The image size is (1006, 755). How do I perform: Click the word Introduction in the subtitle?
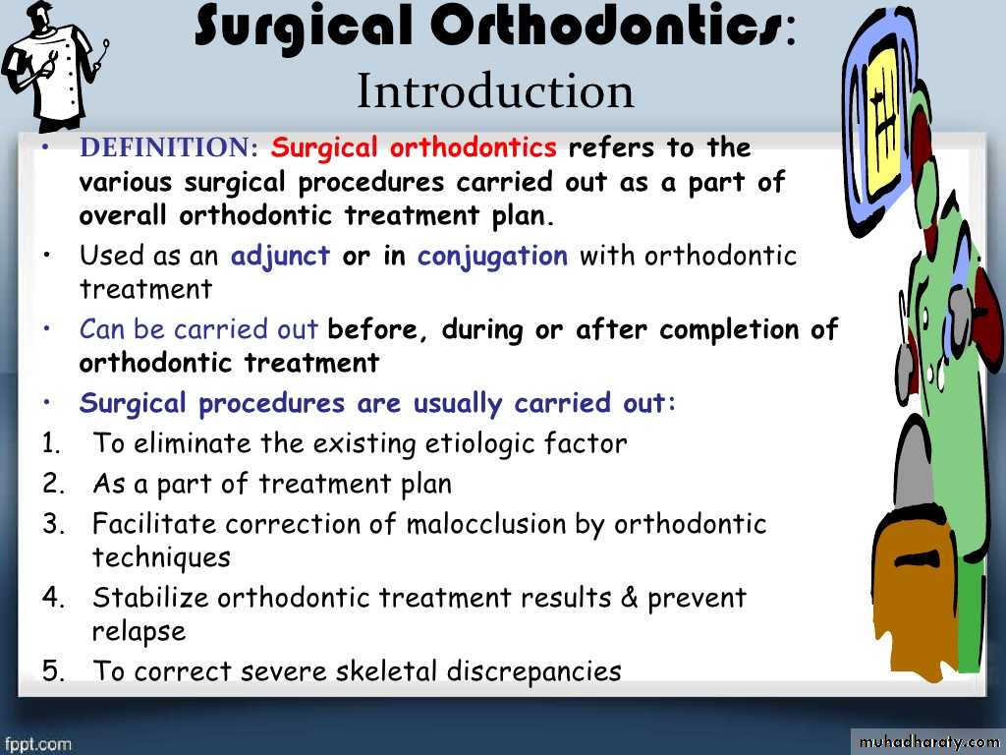click(495, 91)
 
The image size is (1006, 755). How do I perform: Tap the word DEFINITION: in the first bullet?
click(169, 147)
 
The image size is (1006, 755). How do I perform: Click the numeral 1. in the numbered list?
click(52, 443)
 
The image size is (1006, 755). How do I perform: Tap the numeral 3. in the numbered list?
click(54, 523)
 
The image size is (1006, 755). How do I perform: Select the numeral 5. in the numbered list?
click(54, 670)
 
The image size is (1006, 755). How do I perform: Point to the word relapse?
click(139, 632)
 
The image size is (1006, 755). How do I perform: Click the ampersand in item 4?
click(629, 598)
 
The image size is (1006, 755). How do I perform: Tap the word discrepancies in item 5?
click(533, 671)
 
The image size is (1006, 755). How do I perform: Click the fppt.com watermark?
click(37, 745)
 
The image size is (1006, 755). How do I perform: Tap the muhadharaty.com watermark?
click(928, 742)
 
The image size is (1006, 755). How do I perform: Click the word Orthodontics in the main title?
click(606, 27)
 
